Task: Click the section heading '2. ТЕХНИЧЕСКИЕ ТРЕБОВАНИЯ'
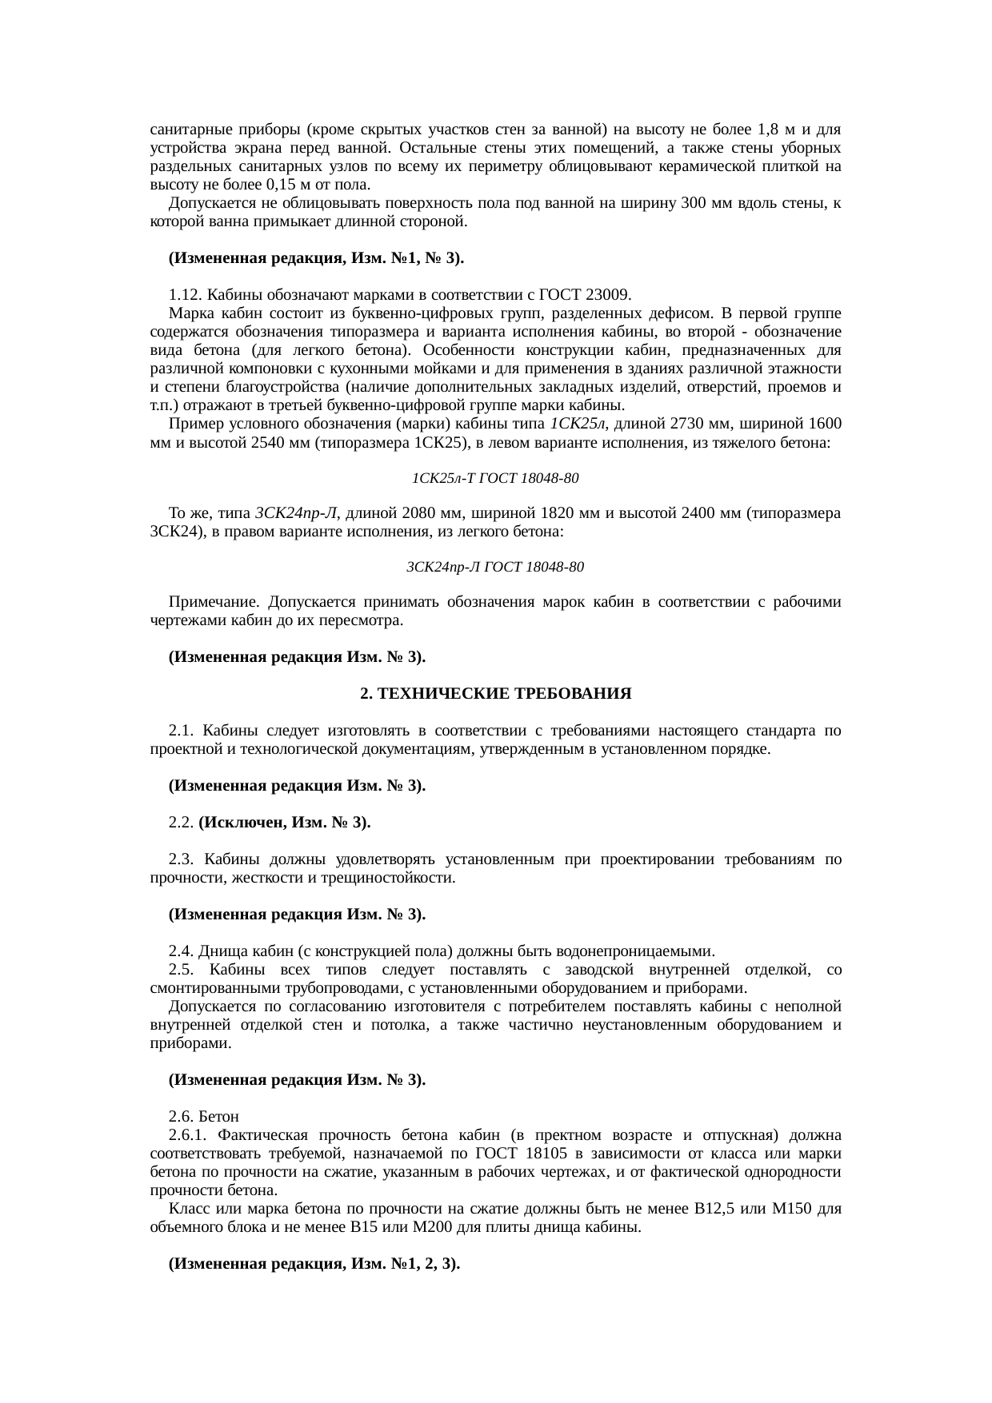point(496,694)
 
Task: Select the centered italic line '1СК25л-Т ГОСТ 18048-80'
point(495,478)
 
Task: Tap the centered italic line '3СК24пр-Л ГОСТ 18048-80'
point(495,567)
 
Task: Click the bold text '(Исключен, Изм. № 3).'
point(284,823)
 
